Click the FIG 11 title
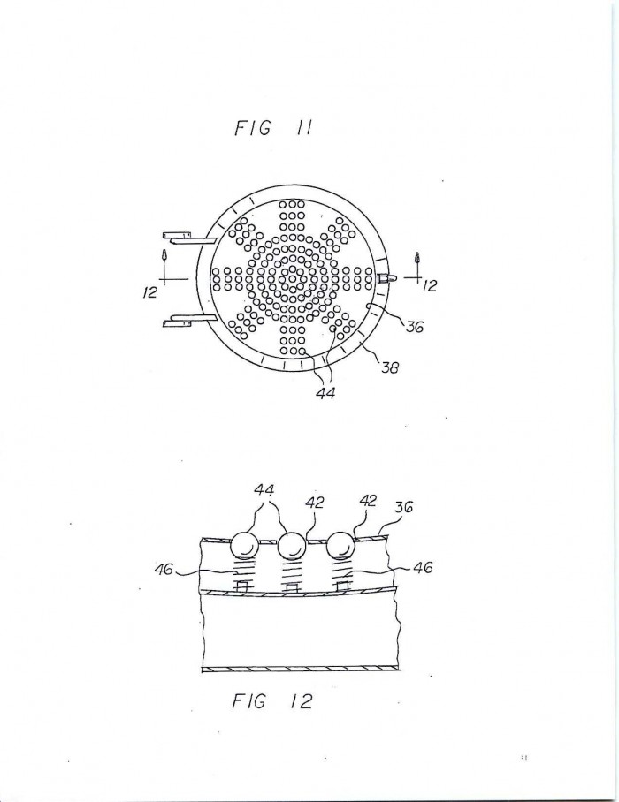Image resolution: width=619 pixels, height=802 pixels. (x=273, y=128)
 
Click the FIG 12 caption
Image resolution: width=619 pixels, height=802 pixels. (x=271, y=700)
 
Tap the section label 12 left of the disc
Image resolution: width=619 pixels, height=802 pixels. (x=150, y=293)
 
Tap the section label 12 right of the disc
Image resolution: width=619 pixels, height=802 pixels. (x=430, y=286)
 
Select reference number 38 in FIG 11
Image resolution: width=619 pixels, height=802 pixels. (x=390, y=367)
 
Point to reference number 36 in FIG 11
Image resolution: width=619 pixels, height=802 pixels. (x=415, y=326)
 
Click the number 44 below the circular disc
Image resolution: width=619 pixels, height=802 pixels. (x=325, y=393)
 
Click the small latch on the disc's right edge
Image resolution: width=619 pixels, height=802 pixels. (x=386, y=278)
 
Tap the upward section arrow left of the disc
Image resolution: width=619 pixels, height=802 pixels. (x=164, y=256)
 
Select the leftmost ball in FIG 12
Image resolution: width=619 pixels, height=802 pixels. (x=244, y=545)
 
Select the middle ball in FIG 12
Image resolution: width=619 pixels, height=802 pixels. (x=291, y=545)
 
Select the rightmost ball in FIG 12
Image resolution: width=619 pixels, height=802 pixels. (x=340, y=545)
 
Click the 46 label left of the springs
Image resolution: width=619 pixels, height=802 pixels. (x=164, y=569)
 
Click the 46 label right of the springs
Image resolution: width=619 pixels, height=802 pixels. (x=423, y=567)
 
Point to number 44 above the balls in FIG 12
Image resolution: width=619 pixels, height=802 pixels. (x=264, y=490)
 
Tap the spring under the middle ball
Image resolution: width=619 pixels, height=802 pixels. (x=291, y=571)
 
